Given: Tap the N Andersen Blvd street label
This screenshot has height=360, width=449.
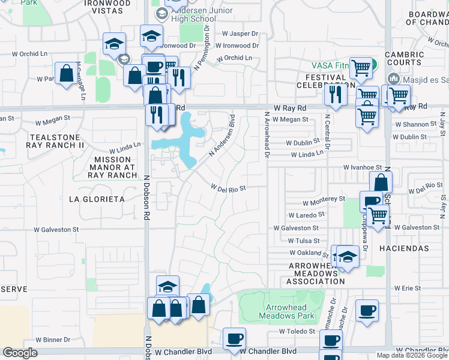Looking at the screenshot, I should [221, 136].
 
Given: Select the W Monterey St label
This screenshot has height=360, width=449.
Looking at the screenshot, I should [324, 199].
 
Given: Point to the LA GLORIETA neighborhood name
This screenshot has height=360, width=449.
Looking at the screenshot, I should [97, 199].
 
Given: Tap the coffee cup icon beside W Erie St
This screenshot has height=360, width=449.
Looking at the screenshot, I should [367, 310].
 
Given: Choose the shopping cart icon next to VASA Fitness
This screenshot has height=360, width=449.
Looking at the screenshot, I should [361, 69].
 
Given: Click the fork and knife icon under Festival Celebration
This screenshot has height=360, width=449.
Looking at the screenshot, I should [335, 94].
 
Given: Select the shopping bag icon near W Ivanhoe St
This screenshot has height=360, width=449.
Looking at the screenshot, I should [381, 182].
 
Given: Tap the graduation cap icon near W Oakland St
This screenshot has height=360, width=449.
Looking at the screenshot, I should [347, 256].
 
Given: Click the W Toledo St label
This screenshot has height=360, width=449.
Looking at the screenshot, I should [298, 331].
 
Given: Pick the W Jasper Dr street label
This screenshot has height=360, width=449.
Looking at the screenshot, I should [240, 34].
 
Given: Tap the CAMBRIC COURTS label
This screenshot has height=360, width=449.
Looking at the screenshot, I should [404, 59].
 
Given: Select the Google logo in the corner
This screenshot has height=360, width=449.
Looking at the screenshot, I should [20, 353].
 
